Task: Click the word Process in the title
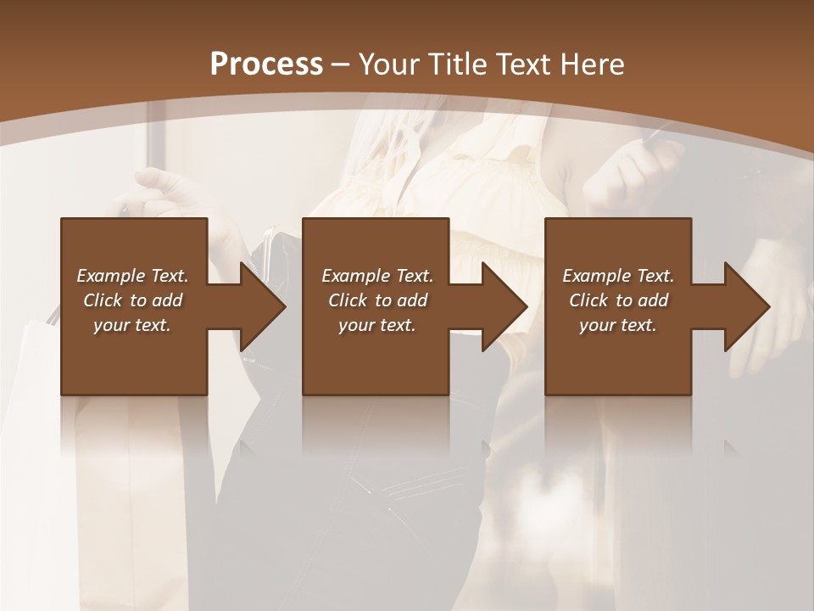point(266,64)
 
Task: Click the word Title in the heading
point(455,64)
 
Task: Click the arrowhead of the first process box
point(261,306)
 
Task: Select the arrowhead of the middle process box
point(504,306)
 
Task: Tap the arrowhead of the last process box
point(746,306)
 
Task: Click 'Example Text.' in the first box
point(132,276)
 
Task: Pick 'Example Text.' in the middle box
point(377,276)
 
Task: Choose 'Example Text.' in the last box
point(618,276)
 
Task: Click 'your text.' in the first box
point(132,325)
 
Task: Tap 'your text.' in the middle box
point(377,325)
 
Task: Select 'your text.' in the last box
point(618,325)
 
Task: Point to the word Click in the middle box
point(348,300)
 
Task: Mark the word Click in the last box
point(588,300)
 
